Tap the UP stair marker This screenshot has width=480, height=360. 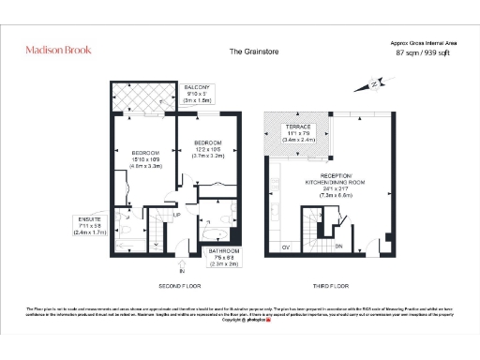[x=175, y=216]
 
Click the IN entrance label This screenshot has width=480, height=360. [x=169, y=271]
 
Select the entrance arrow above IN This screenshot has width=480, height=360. [x=169, y=262]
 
